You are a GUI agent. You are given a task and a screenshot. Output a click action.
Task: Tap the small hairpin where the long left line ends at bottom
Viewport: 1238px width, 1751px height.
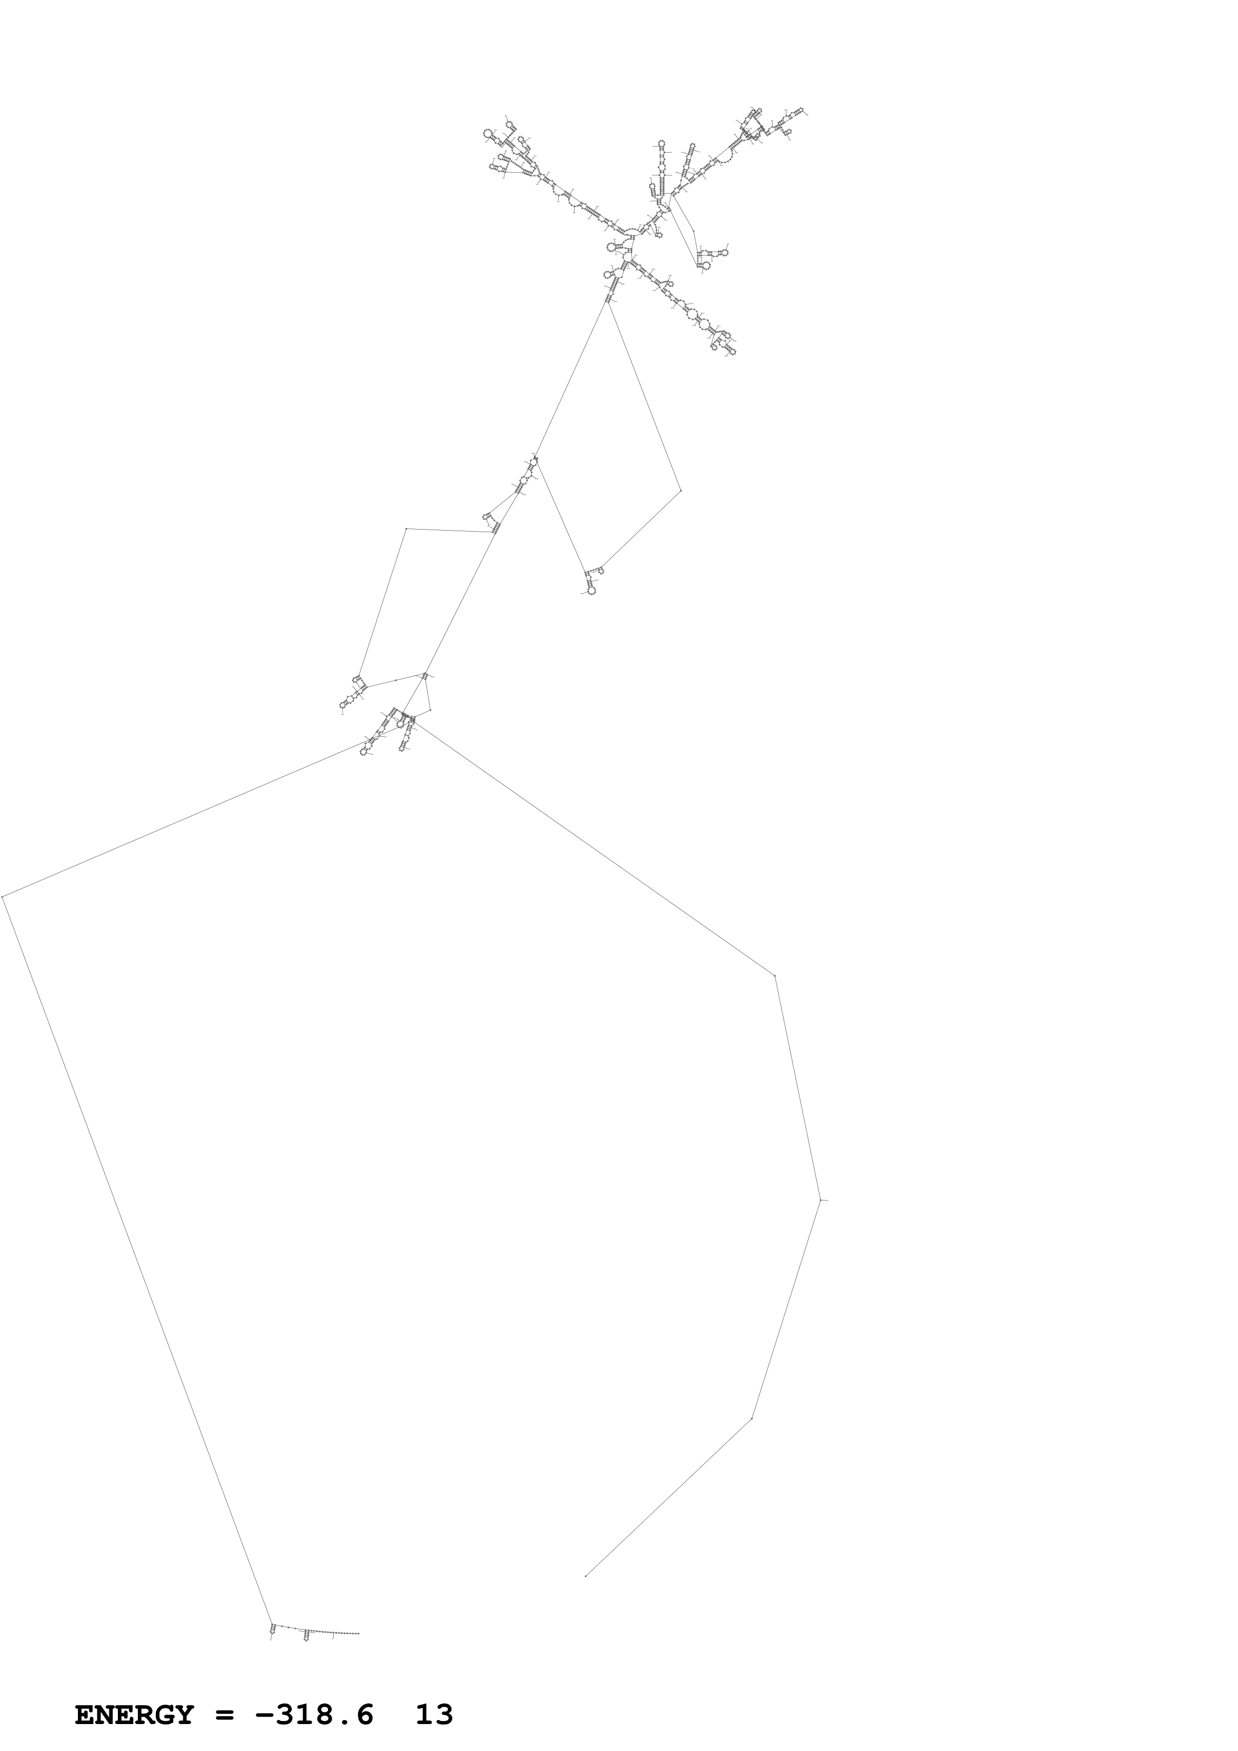[x=272, y=1630]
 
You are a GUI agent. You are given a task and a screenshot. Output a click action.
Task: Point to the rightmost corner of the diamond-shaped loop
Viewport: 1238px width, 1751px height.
[x=680, y=490]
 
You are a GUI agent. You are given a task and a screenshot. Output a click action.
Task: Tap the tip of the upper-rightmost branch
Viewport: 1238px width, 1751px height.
[x=806, y=112]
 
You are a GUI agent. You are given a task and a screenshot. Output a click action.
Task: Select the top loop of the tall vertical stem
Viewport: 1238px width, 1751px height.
[x=661, y=143]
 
